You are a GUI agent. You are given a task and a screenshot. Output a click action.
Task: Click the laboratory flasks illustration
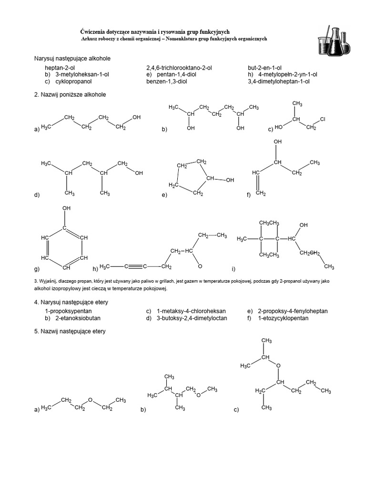(334, 41)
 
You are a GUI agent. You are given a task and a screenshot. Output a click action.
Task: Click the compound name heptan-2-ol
(60, 68)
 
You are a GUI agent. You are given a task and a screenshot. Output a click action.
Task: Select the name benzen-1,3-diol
(166, 81)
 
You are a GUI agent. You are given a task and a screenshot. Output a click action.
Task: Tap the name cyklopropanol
(73, 81)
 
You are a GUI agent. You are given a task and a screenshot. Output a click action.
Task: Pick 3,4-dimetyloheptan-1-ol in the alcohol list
(278, 81)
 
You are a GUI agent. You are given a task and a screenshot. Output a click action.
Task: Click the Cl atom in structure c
(323, 119)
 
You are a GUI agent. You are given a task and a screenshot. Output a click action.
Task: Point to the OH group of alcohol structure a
(137, 117)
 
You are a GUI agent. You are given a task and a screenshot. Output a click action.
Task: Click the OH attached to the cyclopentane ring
(230, 180)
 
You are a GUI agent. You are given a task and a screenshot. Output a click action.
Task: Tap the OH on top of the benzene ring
(66, 208)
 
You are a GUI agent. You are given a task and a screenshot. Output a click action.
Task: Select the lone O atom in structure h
(200, 266)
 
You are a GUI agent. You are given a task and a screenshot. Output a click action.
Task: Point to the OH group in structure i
(304, 225)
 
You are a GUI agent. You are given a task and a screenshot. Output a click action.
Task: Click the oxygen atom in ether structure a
(90, 400)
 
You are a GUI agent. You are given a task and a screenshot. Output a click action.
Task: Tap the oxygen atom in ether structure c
(278, 366)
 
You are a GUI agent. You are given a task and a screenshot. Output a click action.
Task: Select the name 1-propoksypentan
(68, 311)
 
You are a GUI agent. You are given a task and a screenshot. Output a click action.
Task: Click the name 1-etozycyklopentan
(283, 318)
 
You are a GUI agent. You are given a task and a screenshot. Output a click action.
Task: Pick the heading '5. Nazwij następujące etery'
(70, 332)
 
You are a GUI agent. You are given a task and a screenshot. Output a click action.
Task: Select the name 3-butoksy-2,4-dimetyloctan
(192, 318)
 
